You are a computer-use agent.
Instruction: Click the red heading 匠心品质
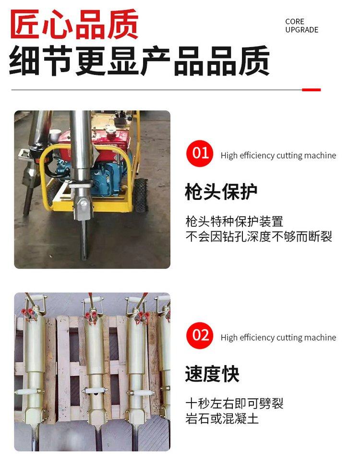click(x=74, y=24)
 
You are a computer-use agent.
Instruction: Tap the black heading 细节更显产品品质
click(x=139, y=61)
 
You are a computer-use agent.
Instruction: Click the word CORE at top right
click(x=295, y=22)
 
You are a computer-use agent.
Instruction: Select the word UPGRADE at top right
click(x=301, y=30)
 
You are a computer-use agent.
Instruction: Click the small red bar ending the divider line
click(x=312, y=90)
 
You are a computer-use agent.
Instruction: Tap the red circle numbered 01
click(x=200, y=153)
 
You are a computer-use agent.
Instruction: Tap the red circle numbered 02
click(x=200, y=335)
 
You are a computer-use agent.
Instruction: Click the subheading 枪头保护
click(x=221, y=192)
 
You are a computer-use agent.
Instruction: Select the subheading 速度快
click(x=212, y=374)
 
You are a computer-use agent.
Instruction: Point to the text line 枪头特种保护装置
click(x=234, y=221)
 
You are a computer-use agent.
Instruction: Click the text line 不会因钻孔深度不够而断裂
click(x=259, y=236)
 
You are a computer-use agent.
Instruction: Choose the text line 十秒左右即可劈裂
click(x=234, y=403)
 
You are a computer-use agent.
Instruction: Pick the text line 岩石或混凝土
click(x=222, y=419)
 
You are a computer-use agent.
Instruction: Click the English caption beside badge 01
click(x=278, y=156)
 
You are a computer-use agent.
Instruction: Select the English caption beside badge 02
click(x=278, y=337)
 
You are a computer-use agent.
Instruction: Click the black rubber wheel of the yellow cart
click(x=140, y=195)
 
